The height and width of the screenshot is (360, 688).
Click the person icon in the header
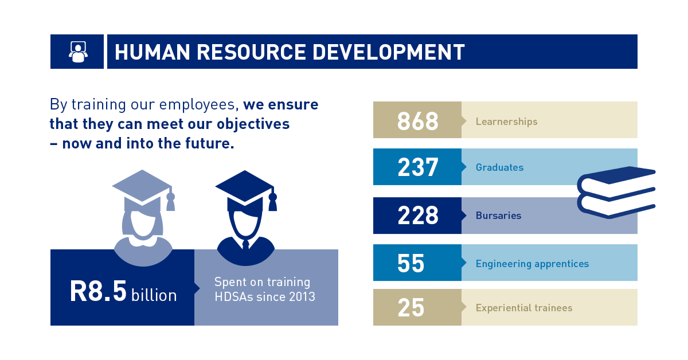pos(78,52)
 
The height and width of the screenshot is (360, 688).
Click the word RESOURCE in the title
pos(251,52)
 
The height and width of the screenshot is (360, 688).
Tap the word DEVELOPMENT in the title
pos(389,52)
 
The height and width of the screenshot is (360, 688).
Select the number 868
pos(418,121)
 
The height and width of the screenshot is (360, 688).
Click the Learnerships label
pos(506,122)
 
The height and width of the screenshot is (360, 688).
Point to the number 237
pos(418,167)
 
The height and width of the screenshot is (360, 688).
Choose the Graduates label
pos(500,167)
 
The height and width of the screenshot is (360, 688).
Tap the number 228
pos(418,216)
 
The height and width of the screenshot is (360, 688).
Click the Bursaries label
pos(498,216)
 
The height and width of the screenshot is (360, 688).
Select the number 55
pos(411,263)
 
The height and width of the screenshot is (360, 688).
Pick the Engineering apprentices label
pos(532,264)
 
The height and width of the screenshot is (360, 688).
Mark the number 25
pos(411,307)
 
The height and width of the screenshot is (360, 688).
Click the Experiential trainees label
pos(524,308)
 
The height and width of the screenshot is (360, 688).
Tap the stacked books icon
pos(616,192)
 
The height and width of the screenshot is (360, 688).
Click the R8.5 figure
pos(98,291)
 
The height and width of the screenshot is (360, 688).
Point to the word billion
pos(154,295)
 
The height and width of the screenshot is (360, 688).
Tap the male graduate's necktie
pos(245,245)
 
